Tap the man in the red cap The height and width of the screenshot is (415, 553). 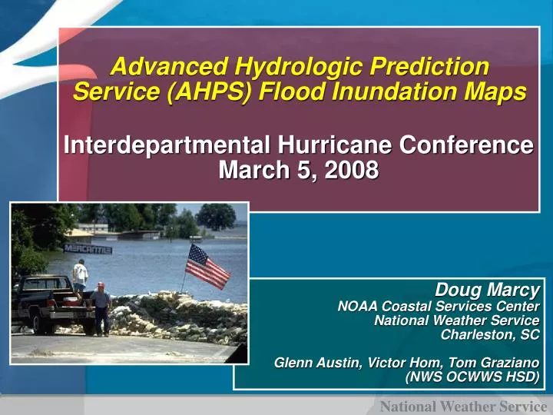click(x=101, y=307)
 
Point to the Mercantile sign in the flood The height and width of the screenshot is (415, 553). click(x=88, y=250)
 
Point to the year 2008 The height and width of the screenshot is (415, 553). click(x=352, y=170)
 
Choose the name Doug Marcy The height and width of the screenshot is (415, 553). click(x=487, y=290)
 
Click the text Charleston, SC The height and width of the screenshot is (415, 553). click(x=490, y=334)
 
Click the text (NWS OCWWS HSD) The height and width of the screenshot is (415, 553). click(x=472, y=377)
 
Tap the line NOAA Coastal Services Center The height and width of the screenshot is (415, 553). click(x=439, y=306)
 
